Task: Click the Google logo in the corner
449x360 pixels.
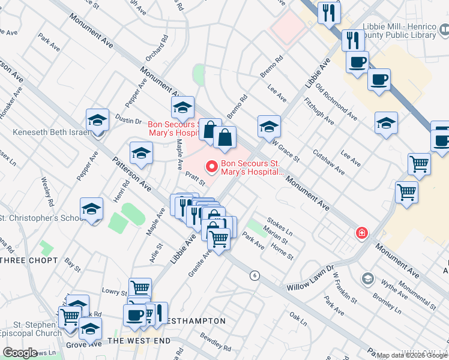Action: click(20, 353)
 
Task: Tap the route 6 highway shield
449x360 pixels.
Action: click(255, 275)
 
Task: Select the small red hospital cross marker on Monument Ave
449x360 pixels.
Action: click(362, 233)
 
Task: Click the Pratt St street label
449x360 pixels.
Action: click(196, 178)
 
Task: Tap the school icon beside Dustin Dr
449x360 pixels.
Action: click(97, 119)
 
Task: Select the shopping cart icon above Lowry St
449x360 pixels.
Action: click(140, 287)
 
